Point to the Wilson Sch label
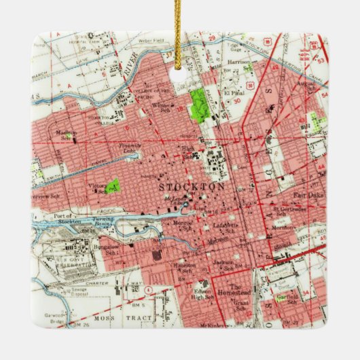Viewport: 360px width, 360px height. coord(162,107)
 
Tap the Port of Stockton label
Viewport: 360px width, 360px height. coord(56,219)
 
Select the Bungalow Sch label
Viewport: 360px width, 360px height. coord(106,249)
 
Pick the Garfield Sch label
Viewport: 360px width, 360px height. coord(288,298)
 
